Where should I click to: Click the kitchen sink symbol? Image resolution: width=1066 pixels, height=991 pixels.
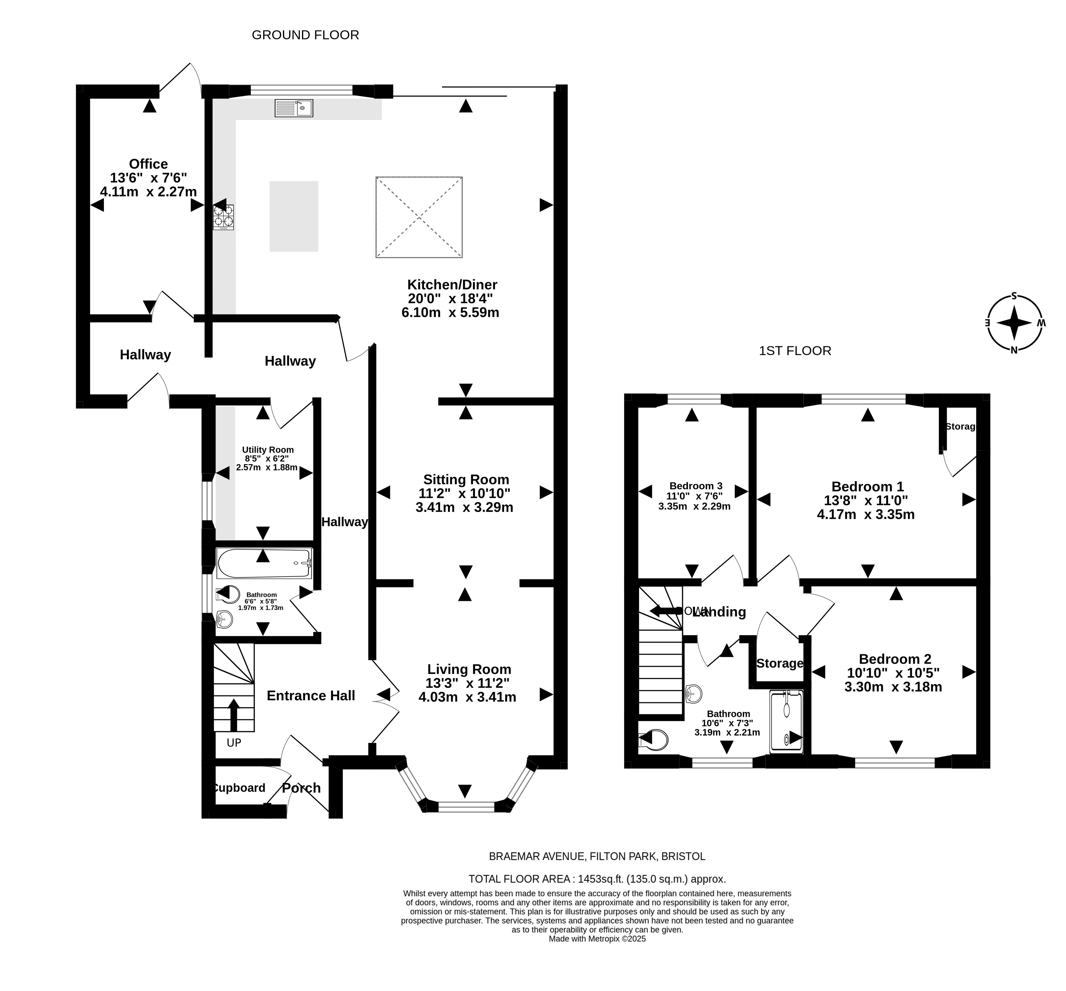(294, 108)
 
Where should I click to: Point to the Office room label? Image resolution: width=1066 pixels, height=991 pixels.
(148, 164)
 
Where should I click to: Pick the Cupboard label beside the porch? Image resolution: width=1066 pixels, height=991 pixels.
(239, 788)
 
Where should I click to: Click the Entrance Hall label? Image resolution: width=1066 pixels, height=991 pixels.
(311, 695)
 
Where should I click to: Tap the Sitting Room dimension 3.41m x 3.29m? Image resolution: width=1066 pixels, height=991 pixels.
(464, 507)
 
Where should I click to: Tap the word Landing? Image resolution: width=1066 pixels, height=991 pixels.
(719, 612)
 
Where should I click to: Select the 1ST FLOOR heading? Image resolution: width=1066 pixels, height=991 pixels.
(795, 351)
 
